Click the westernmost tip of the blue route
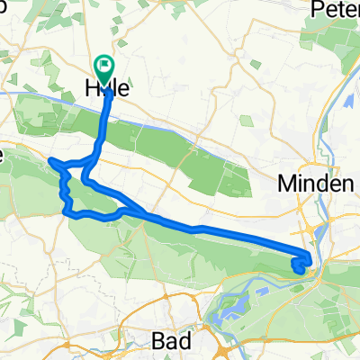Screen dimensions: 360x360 click(x=50, y=161)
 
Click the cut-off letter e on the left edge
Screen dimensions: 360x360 click(x=3, y=155)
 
